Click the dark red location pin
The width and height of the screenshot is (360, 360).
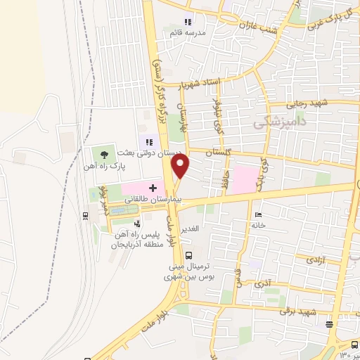pos(181,167)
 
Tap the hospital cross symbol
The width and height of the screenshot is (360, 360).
pos(152,188)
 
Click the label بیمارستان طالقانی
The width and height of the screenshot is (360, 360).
pos(153,200)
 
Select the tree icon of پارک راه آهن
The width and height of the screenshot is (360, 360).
pos(105,153)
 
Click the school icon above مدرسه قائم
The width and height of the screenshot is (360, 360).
pos(188,21)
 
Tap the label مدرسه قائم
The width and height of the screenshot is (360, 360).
pos(186,32)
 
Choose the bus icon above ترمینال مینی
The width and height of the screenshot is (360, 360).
pos(188,256)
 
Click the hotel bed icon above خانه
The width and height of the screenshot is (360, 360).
pos(259,214)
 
